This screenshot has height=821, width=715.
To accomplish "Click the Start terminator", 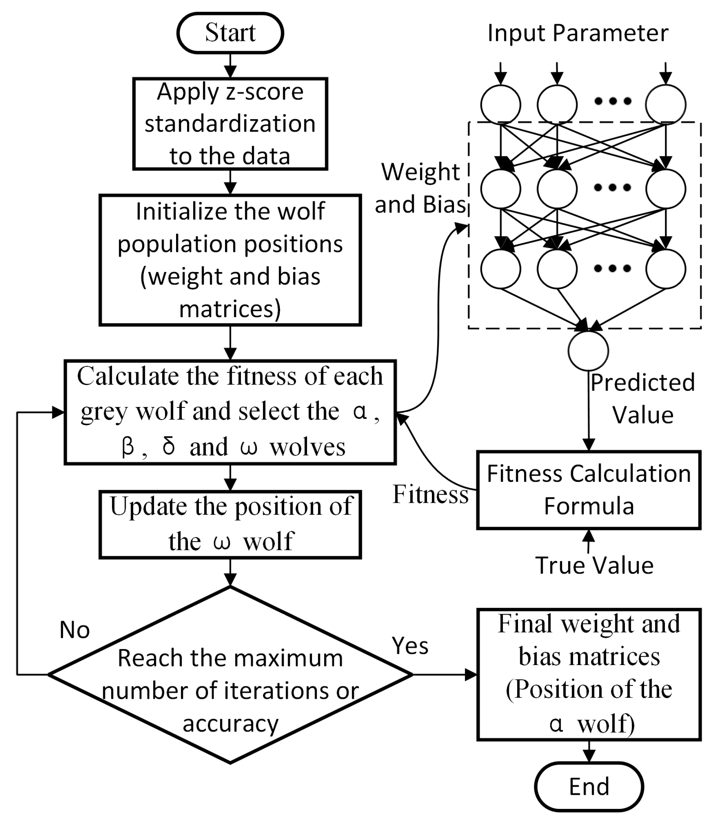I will coord(230,33).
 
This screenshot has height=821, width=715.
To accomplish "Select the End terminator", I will coord(589,786).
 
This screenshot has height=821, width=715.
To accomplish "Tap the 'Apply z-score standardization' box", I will coord(230,124).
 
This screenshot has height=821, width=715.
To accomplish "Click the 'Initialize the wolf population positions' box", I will coord(230,260).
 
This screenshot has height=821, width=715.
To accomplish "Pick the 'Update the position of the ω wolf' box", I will coord(230,524).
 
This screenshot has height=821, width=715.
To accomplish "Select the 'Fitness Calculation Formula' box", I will coord(589,490).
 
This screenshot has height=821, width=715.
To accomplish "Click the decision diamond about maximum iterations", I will coord(230,674).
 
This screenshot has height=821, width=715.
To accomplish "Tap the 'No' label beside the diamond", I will coord(75,630).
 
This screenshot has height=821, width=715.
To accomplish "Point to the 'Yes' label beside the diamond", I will coord(410,645).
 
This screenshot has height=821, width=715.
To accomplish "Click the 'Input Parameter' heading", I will coord(578,33).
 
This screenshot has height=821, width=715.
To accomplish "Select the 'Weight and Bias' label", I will coord(420,188).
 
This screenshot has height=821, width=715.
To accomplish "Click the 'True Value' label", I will coord(594,565).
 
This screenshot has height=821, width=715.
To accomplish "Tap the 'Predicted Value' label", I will coord(643,398).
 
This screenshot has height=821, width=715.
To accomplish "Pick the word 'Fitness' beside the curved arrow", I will coord(430,494).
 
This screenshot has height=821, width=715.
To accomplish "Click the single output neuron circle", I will coord(588,351).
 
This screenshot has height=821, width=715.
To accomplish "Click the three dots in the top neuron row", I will coord(613,101).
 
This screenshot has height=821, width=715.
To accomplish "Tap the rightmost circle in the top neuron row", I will coord(666,104).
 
